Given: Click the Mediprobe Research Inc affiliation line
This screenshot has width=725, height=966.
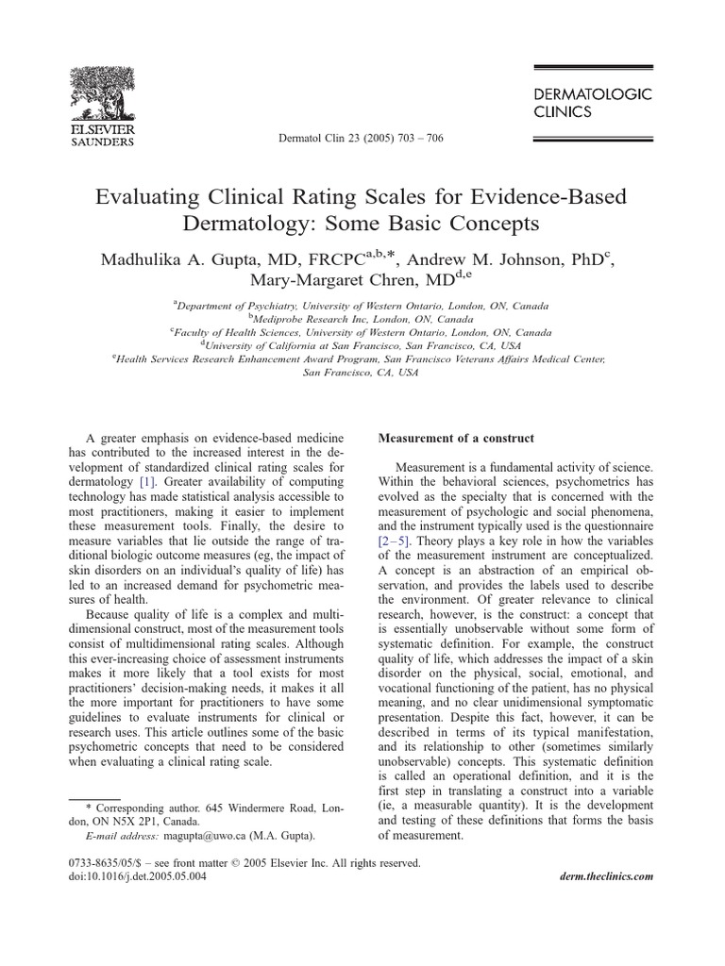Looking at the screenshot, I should tap(362, 320).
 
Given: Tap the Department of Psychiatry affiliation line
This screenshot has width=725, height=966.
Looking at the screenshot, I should tap(362, 307).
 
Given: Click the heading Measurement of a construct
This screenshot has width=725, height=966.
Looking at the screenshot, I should tap(456, 439).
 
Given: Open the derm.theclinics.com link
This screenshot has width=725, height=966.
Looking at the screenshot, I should tap(600, 876).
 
